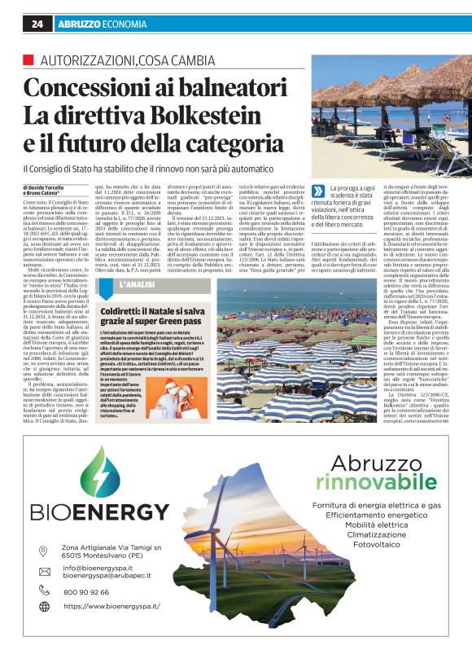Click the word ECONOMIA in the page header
125,24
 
